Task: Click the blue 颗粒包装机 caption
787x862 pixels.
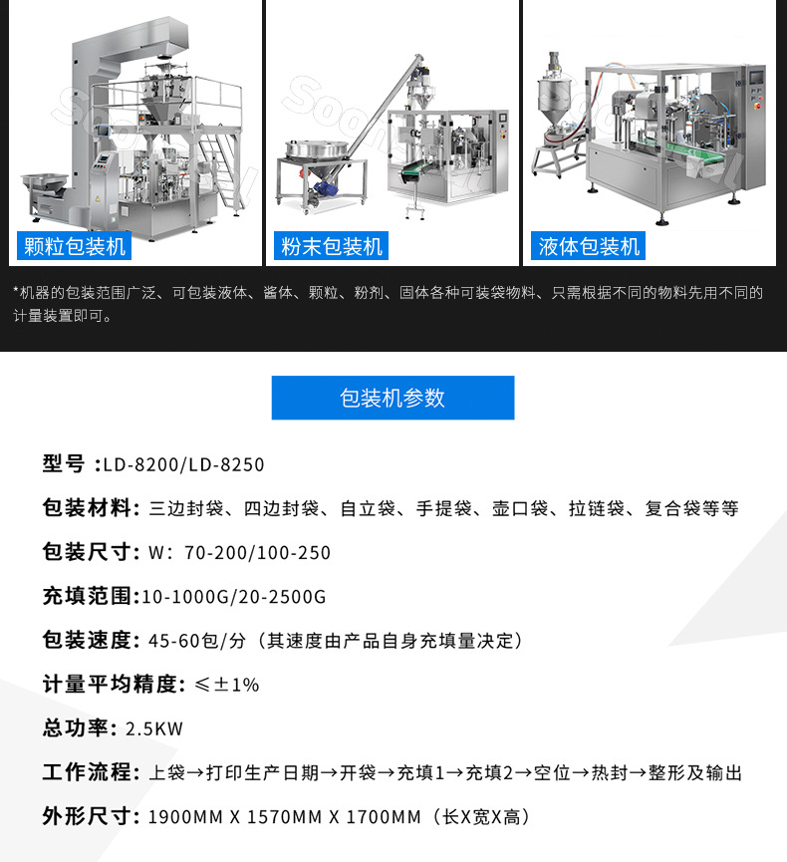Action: click(x=75, y=246)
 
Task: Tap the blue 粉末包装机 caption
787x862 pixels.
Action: click(x=332, y=246)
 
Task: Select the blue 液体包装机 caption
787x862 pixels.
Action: click(x=589, y=246)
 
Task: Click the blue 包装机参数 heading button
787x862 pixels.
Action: click(x=393, y=398)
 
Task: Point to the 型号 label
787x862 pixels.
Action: click(x=64, y=464)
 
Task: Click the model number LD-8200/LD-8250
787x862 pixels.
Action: click(x=184, y=465)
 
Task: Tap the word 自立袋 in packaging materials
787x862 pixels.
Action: click(x=364, y=509)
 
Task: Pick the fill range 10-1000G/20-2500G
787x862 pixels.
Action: click(x=234, y=597)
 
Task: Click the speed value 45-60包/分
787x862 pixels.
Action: click(x=195, y=641)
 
